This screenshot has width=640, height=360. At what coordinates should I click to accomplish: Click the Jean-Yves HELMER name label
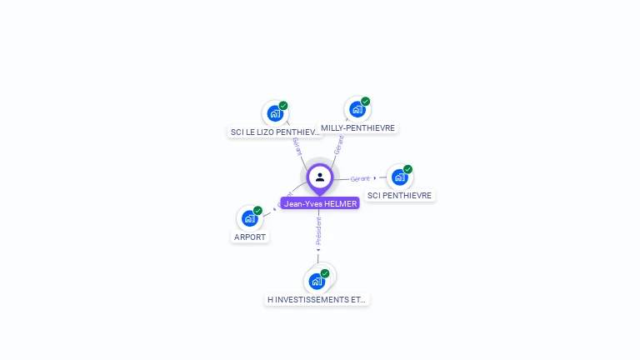point(320,203)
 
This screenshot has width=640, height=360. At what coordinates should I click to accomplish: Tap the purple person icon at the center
point(320,177)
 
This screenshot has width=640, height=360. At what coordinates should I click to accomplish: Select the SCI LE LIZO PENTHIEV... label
point(274,132)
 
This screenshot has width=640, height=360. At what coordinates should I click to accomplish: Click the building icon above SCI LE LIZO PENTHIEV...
point(275,114)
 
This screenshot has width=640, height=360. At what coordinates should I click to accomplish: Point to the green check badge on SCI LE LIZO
point(283,106)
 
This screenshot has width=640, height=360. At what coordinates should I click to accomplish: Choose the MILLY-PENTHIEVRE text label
point(357,127)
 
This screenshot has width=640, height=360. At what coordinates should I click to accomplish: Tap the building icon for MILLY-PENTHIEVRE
point(357,109)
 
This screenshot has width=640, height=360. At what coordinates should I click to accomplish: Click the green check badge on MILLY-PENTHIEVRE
point(366,101)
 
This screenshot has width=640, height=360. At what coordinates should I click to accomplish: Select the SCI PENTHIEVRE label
point(400,195)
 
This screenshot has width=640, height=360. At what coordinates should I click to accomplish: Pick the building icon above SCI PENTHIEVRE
point(400,177)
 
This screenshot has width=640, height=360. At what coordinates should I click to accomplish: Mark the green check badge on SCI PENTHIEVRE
point(408,169)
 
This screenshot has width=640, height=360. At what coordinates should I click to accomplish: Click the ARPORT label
point(250,237)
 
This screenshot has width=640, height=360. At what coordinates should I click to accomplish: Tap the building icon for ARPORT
point(249,218)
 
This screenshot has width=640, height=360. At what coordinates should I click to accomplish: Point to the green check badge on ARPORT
point(258,210)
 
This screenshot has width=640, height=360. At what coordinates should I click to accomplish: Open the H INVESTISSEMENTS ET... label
point(317,299)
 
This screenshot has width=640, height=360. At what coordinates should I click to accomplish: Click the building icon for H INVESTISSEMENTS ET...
point(317,281)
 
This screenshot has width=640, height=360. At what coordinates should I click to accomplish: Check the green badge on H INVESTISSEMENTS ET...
point(325,272)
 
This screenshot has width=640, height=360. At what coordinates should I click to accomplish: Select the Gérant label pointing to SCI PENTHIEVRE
point(360,178)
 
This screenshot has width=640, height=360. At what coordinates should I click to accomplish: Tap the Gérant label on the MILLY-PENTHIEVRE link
point(338,145)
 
